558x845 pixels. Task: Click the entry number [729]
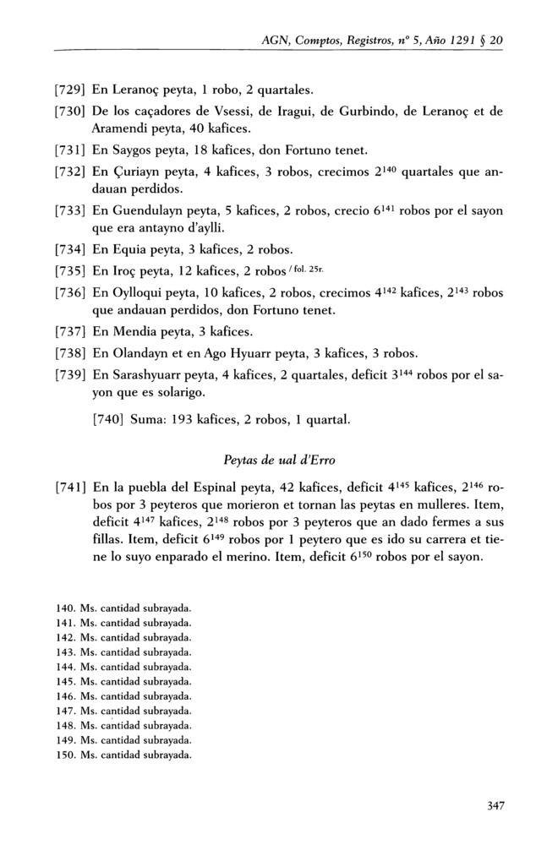(x=69, y=90)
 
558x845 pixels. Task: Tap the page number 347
(x=496, y=805)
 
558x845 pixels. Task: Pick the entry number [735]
(x=69, y=272)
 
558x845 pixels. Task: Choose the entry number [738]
(x=69, y=354)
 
